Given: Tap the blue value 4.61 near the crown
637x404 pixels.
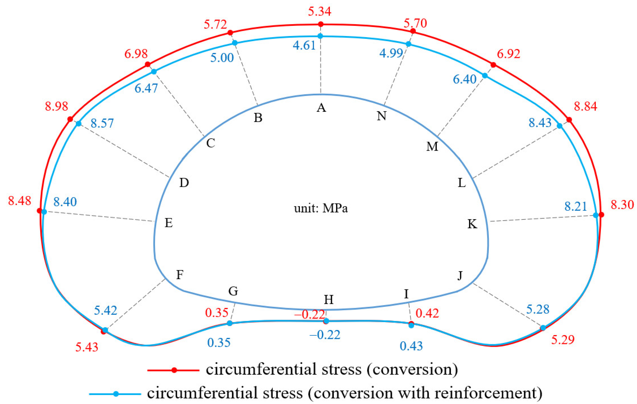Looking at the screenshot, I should point(304,45).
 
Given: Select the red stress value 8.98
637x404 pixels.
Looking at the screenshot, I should point(56,106).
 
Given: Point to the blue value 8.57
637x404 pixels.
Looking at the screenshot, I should point(102,123).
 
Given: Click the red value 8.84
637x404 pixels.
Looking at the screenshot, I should point(585,106).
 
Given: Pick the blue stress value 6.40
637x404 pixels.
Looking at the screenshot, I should point(464,79).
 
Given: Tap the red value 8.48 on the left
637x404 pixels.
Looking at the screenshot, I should point(19,201).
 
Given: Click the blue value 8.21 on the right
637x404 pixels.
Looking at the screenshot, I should point(575,206).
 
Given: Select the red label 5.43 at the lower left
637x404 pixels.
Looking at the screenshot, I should point(86,347).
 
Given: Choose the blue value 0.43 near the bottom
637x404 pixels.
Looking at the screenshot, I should point(411,346).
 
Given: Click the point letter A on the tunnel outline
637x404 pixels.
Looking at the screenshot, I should point(321,108).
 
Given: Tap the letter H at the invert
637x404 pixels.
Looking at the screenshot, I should point(328,300).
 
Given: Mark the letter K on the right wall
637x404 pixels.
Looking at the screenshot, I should point(472,224).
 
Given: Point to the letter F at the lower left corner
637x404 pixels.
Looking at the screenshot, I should point(180,274).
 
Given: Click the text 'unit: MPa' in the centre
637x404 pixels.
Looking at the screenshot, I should point(320,208).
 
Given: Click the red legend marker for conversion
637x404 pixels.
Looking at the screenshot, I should point(174,370).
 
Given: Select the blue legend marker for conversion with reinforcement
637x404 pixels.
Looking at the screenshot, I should point(116,394).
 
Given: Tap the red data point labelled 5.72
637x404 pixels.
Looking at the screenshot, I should point(230,33).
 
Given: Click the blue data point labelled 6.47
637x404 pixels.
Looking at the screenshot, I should point(154,72).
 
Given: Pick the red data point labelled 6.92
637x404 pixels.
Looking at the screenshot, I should point(493,65).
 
